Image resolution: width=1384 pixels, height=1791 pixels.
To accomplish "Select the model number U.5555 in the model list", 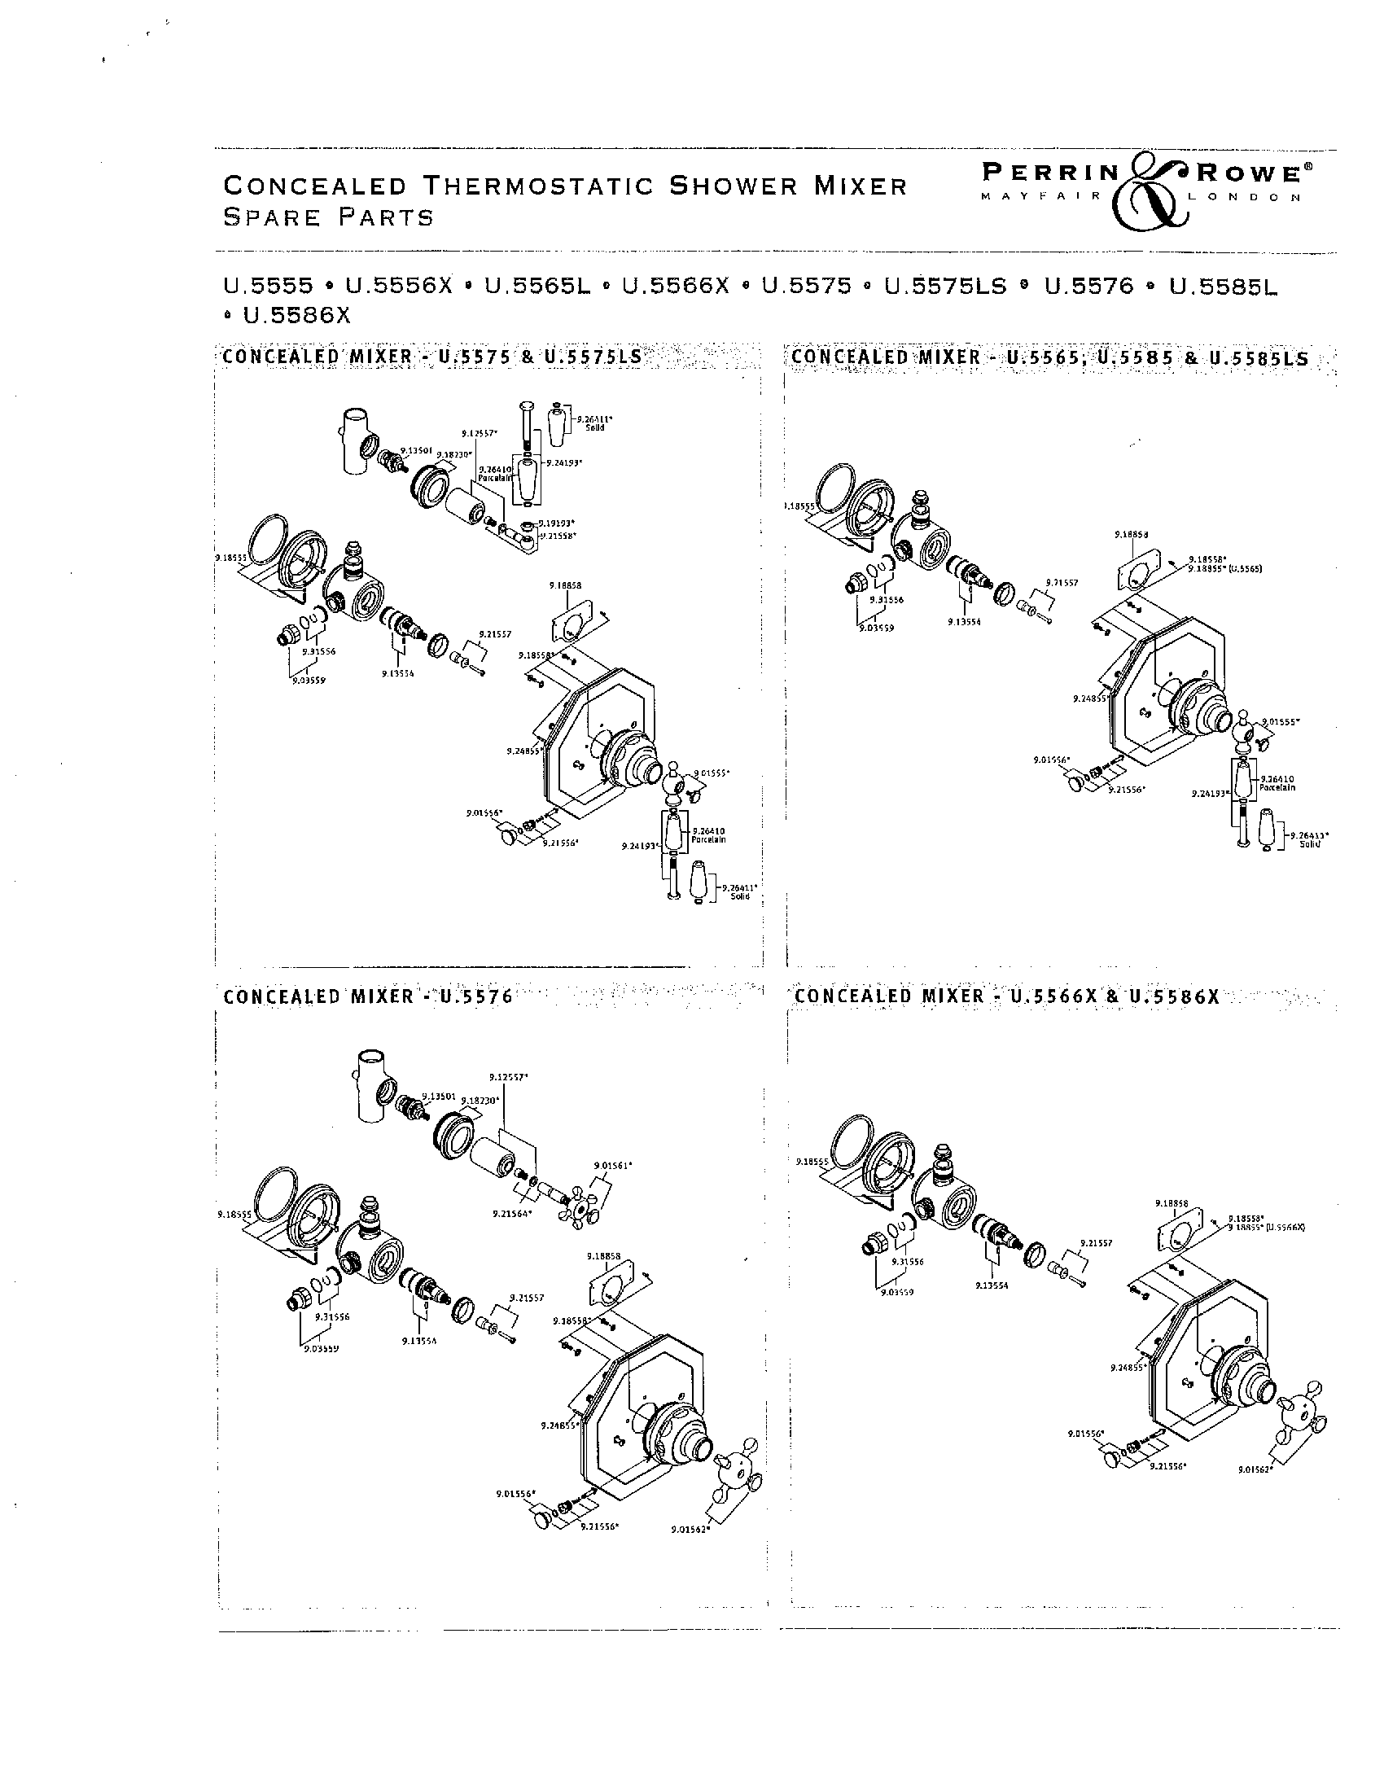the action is click(268, 287).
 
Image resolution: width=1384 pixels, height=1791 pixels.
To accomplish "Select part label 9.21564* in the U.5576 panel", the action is click(512, 1213).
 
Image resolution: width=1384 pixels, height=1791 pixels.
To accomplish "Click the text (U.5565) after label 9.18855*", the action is click(1233, 567).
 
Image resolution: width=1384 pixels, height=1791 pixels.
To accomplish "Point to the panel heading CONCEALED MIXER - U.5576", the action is click(367, 996).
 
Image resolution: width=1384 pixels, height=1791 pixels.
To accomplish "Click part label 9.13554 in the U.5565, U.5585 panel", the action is click(964, 622).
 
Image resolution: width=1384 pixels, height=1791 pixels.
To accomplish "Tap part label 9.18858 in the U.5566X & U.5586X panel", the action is click(1172, 1204).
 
